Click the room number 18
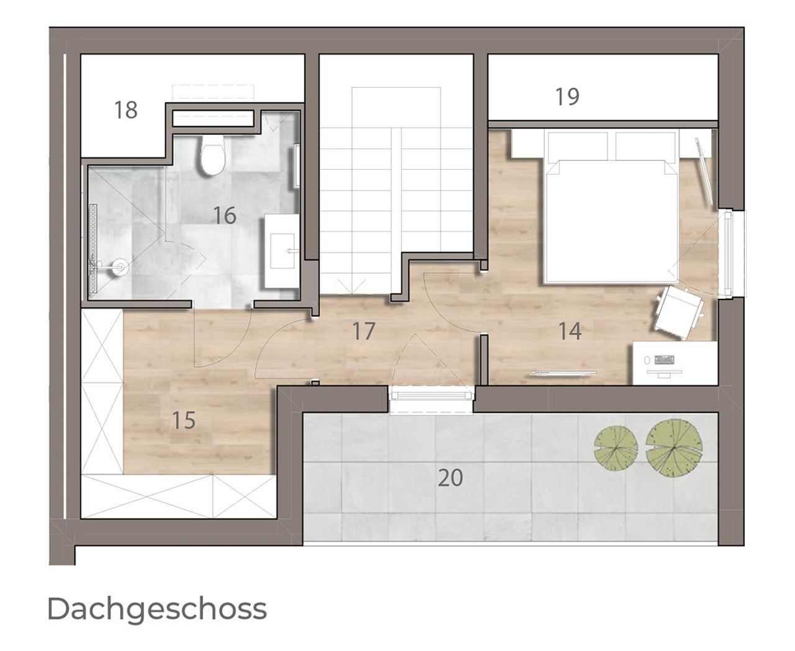click(125, 110)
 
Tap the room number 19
click(567, 96)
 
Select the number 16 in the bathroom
click(225, 216)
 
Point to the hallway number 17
click(363, 330)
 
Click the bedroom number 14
click(570, 331)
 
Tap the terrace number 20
click(450, 478)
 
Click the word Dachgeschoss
click(157, 609)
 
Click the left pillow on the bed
click(578, 146)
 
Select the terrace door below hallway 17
click(431, 396)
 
